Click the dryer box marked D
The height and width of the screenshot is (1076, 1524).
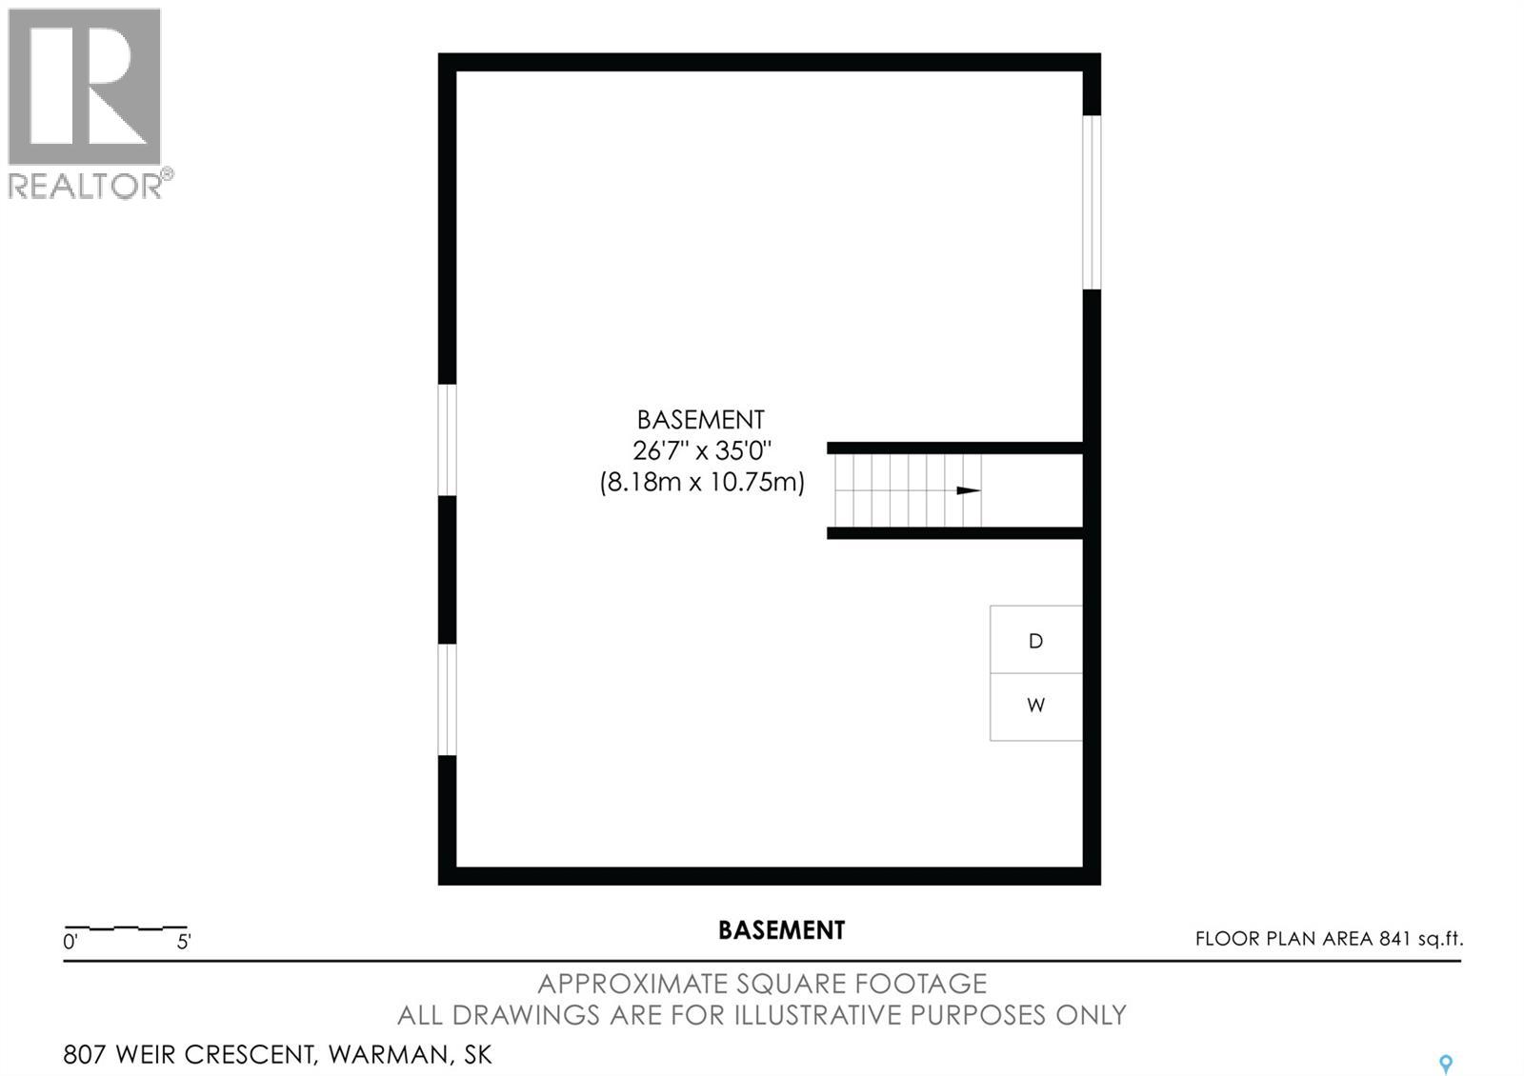coord(1035,639)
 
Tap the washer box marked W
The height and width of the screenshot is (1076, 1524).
coord(1035,707)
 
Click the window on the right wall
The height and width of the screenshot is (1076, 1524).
coord(1092,202)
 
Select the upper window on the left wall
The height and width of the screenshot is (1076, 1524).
coord(447,440)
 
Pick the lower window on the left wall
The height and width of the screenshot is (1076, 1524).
coord(447,699)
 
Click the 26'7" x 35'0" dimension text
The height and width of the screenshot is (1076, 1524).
coord(701,450)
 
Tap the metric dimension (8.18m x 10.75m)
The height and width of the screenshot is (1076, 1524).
coord(701,482)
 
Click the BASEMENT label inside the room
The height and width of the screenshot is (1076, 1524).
coord(701,420)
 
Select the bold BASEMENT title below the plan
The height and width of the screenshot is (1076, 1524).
coord(782,930)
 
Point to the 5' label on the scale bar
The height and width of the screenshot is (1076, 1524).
coord(184,942)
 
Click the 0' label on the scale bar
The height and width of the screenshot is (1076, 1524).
coord(70,942)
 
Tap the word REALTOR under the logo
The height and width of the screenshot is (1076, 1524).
coord(86,186)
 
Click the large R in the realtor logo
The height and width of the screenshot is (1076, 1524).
coord(85,87)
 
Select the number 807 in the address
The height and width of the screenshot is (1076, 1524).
coord(85,1054)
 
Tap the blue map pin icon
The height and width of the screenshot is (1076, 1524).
coord(1446,1064)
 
